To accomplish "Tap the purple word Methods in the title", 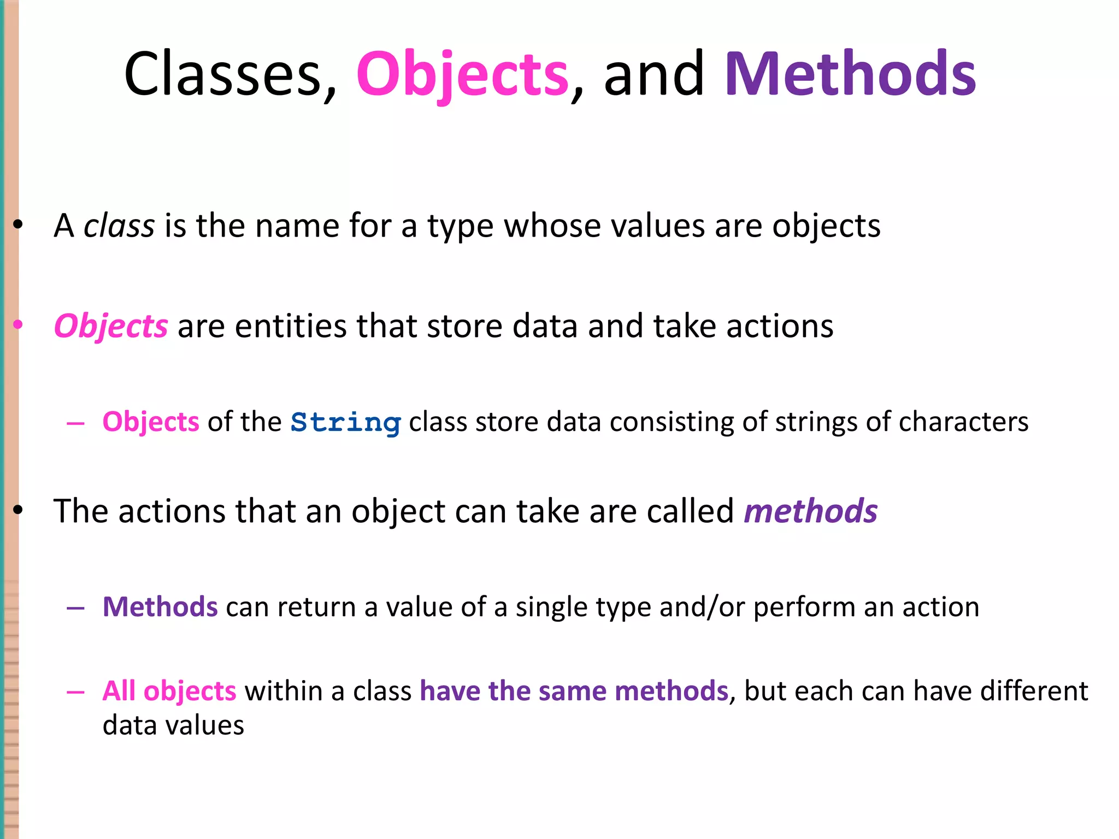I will click(x=850, y=74).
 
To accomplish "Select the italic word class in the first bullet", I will click(x=119, y=226).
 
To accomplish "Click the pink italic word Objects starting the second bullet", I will click(x=111, y=327).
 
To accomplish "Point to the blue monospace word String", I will click(x=346, y=423).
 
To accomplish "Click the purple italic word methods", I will click(x=811, y=511).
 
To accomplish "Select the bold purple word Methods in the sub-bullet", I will click(x=160, y=607).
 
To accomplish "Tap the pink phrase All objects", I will click(x=169, y=691).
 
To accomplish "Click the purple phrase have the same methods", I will click(x=574, y=691).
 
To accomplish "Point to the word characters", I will click(x=963, y=422).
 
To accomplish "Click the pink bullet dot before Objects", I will click(x=18, y=325).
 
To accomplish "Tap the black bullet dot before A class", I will click(x=18, y=224).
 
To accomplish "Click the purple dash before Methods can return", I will click(x=75, y=608).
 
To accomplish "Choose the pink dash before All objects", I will click(x=75, y=692).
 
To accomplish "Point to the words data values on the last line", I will click(x=173, y=725).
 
